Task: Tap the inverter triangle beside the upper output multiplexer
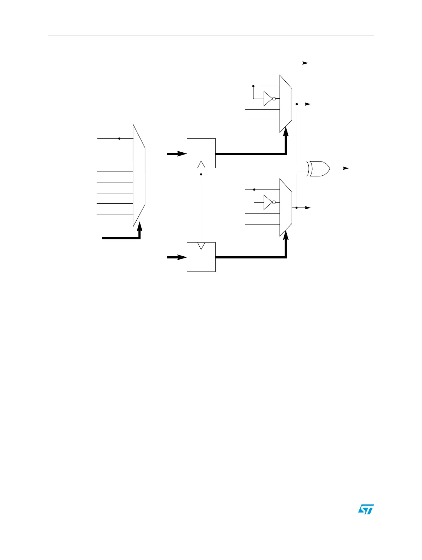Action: pyautogui.click(x=268, y=99)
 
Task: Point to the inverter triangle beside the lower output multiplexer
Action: pyautogui.click(x=268, y=203)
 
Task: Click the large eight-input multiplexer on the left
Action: pyautogui.click(x=139, y=175)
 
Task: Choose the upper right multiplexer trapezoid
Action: pyautogui.click(x=286, y=104)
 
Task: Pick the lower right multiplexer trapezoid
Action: pyautogui.click(x=286, y=208)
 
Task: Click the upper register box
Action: pyautogui.click(x=201, y=153)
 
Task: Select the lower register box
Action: pyautogui.click(x=201, y=257)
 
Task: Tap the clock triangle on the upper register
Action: pyautogui.click(x=201, y=164)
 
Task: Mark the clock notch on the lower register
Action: pyautogui.click(x=201, y=245)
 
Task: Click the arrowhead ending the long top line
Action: pyautogui.click(x=305, y=63)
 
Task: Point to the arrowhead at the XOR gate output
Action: pyautogui.click(x=346, y=168)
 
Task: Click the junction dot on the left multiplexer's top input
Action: pyautogui.click(x=119, y=139)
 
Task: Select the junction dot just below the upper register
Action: pyautogui.click(x=201, y=174)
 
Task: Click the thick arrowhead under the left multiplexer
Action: pyautogui.click(x=140, y=226)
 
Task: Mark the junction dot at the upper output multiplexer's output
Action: pyautogui.click(x=296, y=104)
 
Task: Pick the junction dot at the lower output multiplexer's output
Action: pyautogui.click(x=296, y=208)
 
